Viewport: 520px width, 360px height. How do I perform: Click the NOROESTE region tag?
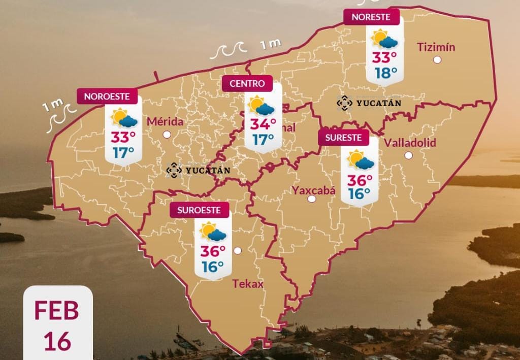pos(107,96)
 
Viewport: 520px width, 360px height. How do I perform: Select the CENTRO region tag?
pos(247,84)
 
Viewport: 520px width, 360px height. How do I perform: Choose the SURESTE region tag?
pos(344,138)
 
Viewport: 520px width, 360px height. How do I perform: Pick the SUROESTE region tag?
pos(199,210)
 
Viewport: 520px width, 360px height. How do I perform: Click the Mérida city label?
pos(165,122)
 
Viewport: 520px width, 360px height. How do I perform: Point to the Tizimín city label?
pos(436,48)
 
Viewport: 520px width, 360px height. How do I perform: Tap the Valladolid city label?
pos(410,143)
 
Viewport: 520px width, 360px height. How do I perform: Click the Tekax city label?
pos(248,284)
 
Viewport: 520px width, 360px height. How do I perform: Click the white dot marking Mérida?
pos(167,135)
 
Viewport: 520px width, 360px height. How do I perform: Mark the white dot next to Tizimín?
pos(437,60)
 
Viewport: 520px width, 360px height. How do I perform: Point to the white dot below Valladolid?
pos(408,155)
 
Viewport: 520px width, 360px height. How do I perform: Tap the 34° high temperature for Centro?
pos(263,124)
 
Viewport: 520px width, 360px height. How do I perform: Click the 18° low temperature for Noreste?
pos(386,73)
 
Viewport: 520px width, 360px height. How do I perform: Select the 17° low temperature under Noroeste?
pos(123,152)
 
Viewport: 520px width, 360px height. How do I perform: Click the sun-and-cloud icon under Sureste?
pos(361,160)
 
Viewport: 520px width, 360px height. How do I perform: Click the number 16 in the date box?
pos(57,342)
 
